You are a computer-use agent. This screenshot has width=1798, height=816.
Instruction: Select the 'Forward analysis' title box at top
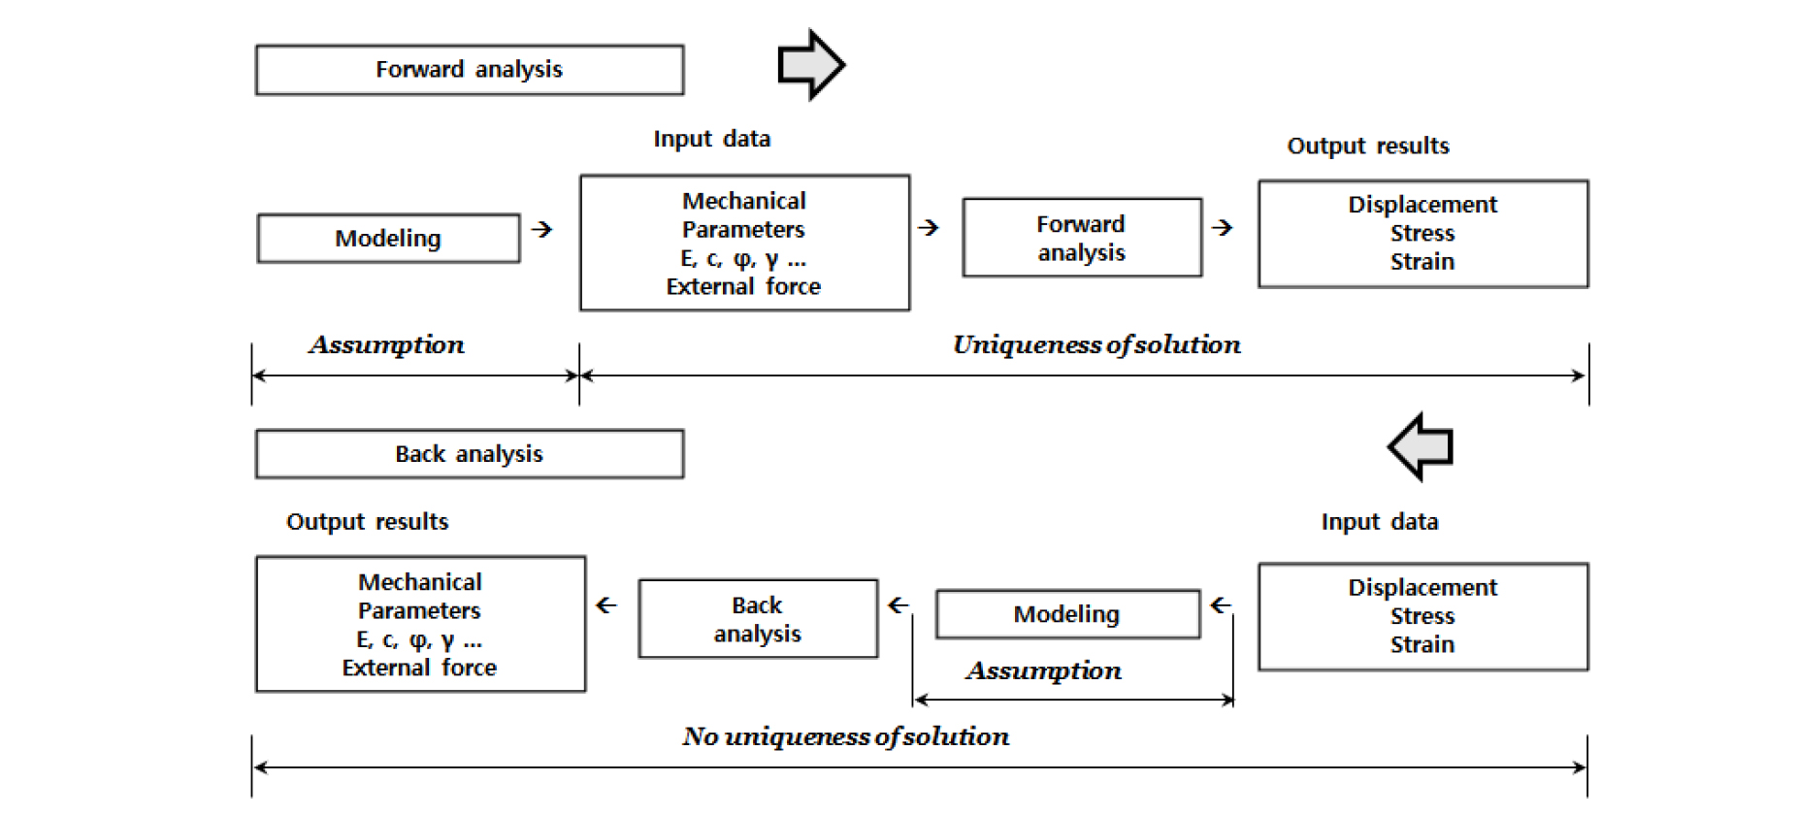click(x=470, y=70)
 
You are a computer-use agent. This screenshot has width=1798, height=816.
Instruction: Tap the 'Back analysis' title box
click(x=470, y=454)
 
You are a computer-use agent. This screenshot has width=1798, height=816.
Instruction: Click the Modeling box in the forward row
click(x=388, y=239)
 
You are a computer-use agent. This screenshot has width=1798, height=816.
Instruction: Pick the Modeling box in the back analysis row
click(x=1067, y=614)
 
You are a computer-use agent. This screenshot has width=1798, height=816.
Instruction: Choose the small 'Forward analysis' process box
click(x=1082, y=238)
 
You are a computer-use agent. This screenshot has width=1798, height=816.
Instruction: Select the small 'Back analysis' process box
click(x=758, y=619)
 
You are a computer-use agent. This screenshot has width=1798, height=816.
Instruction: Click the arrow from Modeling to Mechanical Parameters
click(x=542, y=229)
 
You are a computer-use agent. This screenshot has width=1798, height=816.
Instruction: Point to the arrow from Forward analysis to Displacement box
click(x=1223, y=227)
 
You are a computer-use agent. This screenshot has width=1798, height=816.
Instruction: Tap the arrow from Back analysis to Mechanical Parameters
click(x=606, y=605)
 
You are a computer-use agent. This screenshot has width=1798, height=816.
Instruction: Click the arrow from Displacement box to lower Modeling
click(x=1221, y=605)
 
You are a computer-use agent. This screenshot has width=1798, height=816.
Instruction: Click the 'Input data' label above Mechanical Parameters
click(x=712, y=139)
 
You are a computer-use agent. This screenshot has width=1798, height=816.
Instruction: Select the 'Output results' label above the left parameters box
click(x=368, y=522)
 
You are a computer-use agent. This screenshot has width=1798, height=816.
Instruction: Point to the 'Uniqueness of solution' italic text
click(x=1096, y=344)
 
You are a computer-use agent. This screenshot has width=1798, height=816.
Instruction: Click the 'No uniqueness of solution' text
click(x=846, y=736)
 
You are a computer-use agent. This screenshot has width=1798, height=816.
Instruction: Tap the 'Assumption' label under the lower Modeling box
click(x=1044, y=670)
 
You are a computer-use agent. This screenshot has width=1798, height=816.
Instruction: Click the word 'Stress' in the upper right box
click(x=1422, y=234)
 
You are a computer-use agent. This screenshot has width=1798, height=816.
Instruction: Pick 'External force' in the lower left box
click(x=419, y=668)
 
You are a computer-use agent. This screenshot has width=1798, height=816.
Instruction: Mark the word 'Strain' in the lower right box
click(x=1422, y=644)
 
